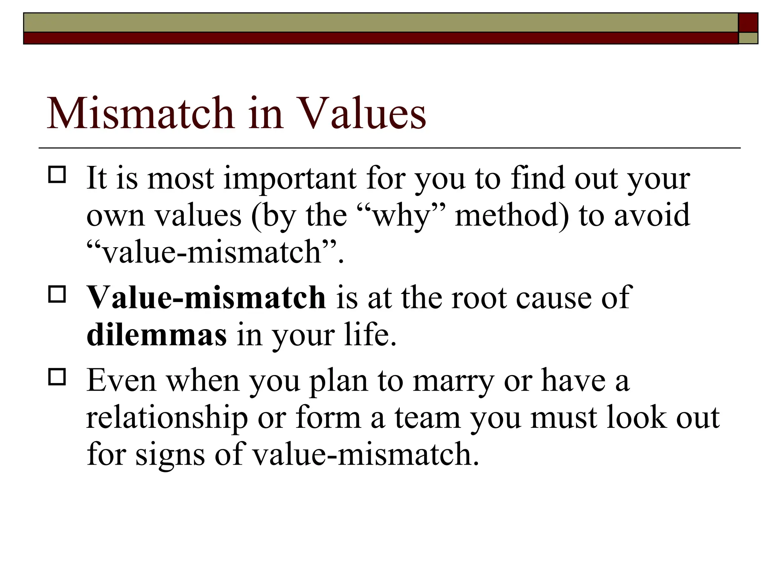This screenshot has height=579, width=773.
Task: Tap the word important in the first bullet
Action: [290, 178]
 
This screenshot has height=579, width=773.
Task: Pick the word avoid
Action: [652, 215]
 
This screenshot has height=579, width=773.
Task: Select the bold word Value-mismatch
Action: [206, 298]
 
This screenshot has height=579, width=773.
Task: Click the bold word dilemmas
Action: [157, 335]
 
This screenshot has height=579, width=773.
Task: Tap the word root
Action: [479, 298]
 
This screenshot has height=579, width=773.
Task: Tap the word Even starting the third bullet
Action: [121, 381]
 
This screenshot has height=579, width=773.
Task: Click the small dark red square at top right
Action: [748, 22]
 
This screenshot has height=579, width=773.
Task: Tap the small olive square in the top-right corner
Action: [748, 38]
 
